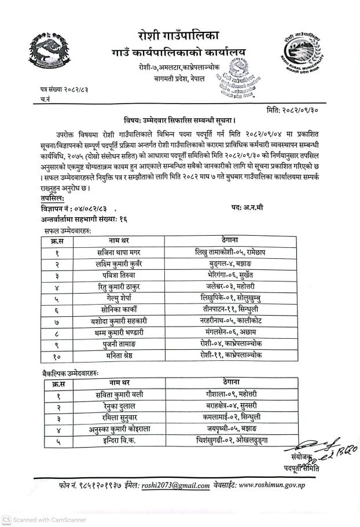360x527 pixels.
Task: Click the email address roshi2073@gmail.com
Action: click(175, 486)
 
